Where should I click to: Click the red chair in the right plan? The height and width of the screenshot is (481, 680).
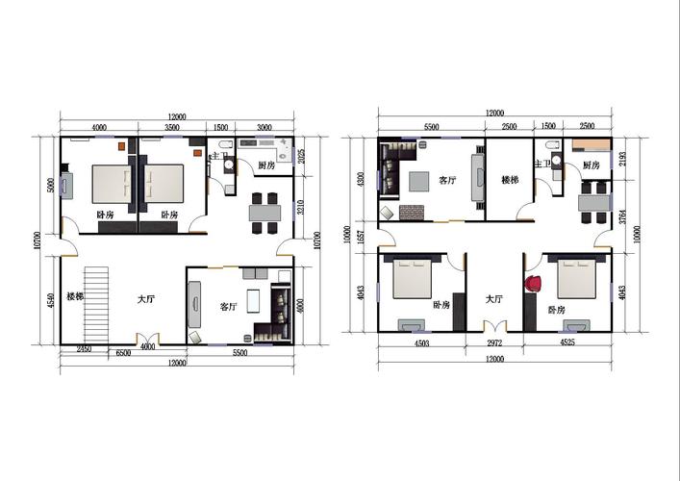pos(533,284)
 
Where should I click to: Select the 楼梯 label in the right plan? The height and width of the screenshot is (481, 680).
pos(510,180)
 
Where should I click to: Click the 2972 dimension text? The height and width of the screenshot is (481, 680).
pos(493,342)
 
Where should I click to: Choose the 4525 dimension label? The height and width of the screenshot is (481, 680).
pos(568,342)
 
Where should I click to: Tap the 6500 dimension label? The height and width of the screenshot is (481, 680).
pos(123,354)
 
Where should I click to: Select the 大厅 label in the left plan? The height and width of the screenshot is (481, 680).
pos(146,300)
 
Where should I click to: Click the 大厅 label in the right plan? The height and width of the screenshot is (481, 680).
pos(493,299)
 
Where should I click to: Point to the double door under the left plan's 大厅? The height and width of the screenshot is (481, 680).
pos(147,339)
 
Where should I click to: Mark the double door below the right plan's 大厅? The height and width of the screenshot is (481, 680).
pos(493,327)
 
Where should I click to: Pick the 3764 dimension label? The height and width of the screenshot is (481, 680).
pos(623,215)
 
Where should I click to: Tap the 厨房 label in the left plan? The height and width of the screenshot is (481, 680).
pos(267,165)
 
